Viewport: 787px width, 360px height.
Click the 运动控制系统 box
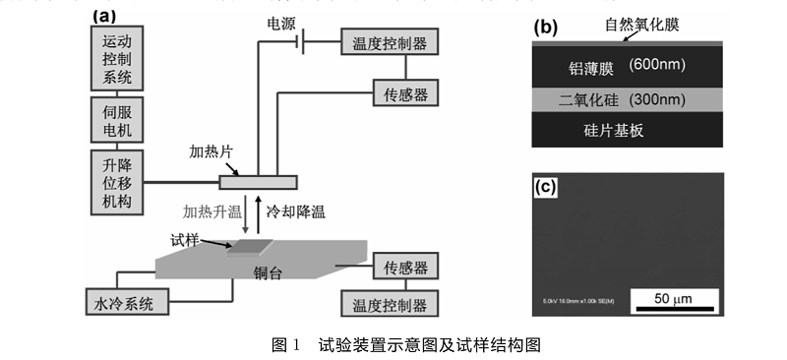tap(116, 57)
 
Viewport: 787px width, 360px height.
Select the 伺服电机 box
tap(116, 118)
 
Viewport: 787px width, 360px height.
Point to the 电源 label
tap(283, 22)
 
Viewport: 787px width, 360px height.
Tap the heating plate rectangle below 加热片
tap(258, 183)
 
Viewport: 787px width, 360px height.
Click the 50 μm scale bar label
tap(678, 298)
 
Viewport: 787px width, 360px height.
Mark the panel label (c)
tap(547, 185)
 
